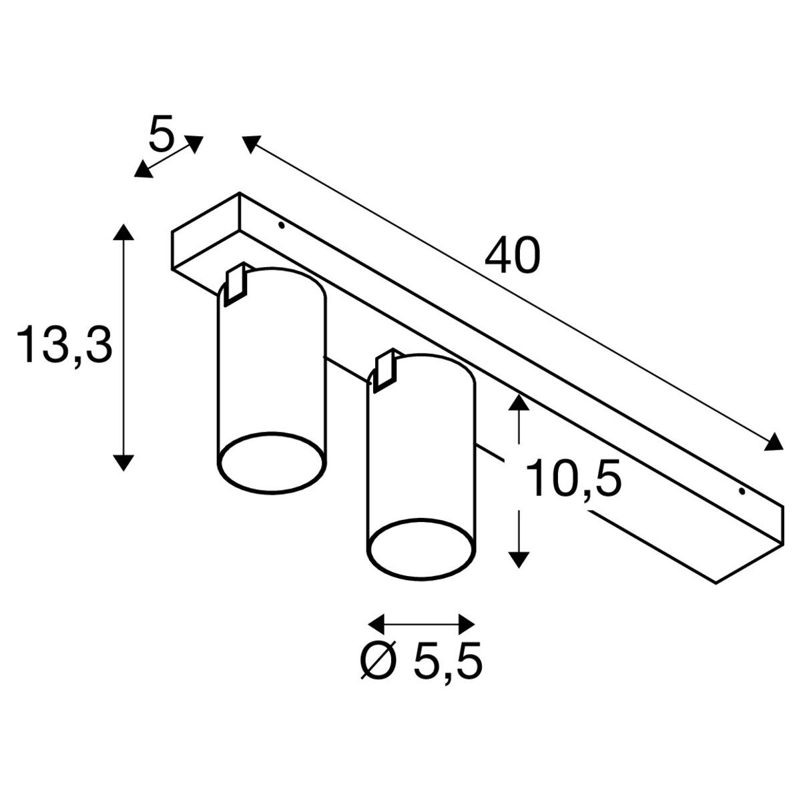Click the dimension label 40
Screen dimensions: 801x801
pyautogui.click(x=512, y=255)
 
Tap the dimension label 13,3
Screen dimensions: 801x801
pyautogui.click(x=65, y=344)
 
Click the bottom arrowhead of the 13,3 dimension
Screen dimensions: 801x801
pyautogui.click(x=123, y=462)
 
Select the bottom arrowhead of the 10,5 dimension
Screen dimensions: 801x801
pyautogui.click(x=519, y=560)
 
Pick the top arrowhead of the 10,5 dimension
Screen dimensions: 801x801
pyautogui.click(x=519, y=402)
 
